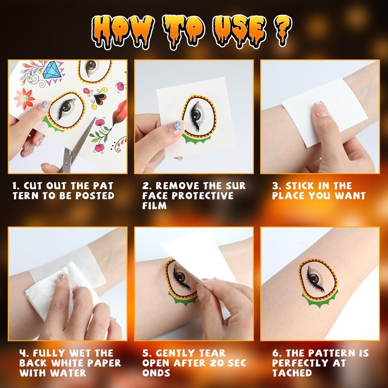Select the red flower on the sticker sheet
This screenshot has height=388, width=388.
click(24, 98)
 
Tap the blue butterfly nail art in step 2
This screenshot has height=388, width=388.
click(178, 125)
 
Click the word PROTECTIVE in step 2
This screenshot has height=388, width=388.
click(202, 196)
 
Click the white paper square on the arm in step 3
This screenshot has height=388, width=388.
click(324, 113)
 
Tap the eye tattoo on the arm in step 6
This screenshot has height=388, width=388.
click(319, 282)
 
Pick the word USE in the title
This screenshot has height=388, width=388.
click(240, 31)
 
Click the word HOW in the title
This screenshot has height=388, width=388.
click(123, 31)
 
